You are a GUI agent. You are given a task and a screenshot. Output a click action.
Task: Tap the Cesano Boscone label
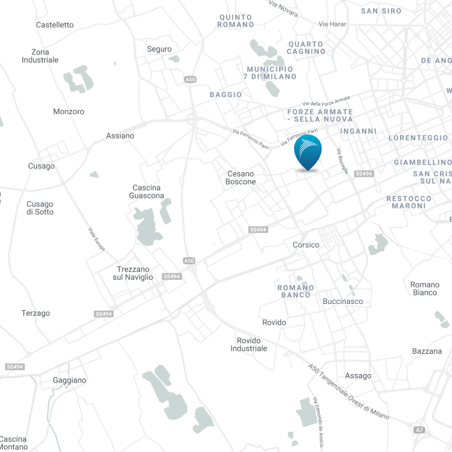[x=241, y=178]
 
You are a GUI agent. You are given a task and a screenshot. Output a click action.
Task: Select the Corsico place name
[x=306, y=245]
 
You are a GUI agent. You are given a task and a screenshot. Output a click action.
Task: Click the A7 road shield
[x=419, y=430]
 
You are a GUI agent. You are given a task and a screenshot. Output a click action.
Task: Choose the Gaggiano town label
[x=69, y=380]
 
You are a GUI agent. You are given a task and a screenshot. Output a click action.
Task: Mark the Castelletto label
[x=55, y=25]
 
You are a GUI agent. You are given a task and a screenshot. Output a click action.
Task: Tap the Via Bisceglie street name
[x=342, y=161]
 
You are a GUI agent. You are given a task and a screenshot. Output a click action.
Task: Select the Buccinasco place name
[x=343, y=301]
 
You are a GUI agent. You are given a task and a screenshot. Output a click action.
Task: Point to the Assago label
[x=358, y=376]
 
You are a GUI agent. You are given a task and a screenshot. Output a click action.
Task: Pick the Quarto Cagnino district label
[x=306, y=47]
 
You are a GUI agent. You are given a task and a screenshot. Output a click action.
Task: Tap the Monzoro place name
[x=69, y=111]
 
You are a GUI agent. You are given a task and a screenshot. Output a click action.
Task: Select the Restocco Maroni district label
[x=409, y=202]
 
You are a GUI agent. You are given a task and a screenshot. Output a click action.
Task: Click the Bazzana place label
[x=427, y=351]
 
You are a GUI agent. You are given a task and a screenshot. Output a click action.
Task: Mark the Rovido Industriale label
[x=249, y=345]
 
